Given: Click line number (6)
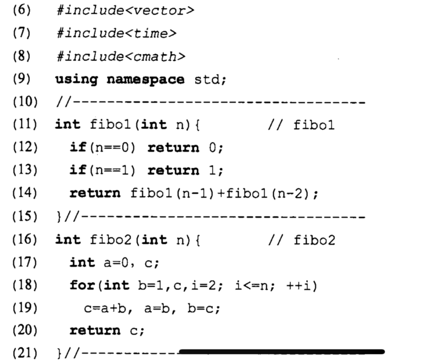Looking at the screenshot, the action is click(22, 10).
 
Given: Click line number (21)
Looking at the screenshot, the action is click(23, 351).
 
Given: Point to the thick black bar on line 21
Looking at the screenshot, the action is click(281, 351).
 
